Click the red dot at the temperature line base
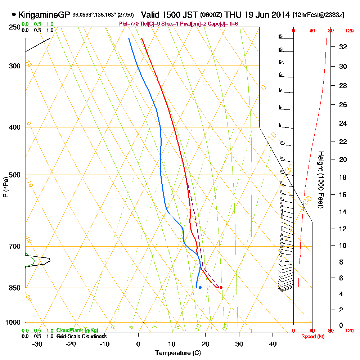[221, 287]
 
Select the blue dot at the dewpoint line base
[200, 287]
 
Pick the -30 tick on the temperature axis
[38, 344]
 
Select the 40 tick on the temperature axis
[273, 344]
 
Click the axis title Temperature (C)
[178, 353]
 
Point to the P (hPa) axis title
[5, 187]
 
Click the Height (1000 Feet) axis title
[320, 180]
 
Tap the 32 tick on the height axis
[343, 47]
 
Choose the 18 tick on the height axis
[343, 177]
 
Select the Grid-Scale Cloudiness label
[81, 336]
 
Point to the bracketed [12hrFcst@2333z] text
[318, 15]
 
